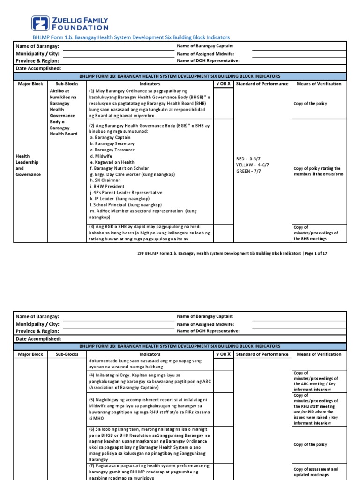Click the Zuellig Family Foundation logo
[70, 23]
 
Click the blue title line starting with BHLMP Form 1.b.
[131, 37]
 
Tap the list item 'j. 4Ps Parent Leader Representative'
[126, 193]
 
